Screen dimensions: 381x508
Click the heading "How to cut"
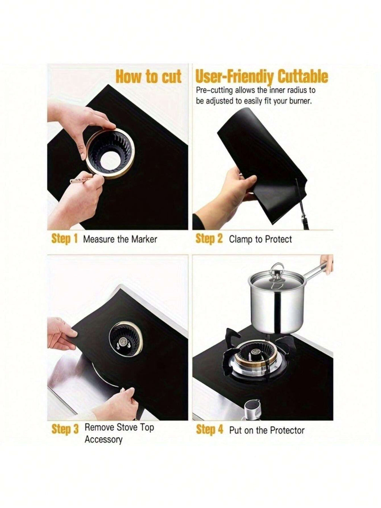(x=148, y=77)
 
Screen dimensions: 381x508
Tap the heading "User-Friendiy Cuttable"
(x=262, y=77)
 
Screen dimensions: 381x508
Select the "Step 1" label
(x=64, y=239)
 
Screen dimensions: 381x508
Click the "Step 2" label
(x=209, y=239)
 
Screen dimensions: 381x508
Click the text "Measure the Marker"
(x=120, y=239)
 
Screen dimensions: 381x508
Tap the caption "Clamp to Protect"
(x=260, y=239)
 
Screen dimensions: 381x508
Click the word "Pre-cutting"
(x=214, y=91)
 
